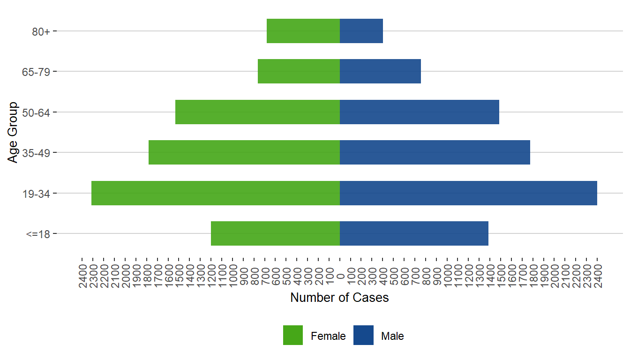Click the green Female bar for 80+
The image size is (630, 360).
(x=303, y=31)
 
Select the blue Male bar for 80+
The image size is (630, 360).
(x=361, y=31)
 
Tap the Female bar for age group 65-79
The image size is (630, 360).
(x=299, y=71)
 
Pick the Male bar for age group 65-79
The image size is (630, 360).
(x=380, y=71)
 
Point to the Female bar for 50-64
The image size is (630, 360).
(x=257, y=112)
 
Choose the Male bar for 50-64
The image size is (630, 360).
(x=420, y=112)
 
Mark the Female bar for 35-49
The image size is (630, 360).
(x=244, y=152)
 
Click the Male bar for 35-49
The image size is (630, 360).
(x=435, y=152)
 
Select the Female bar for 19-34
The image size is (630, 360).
(x=216, y=193)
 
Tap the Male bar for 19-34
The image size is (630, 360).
(x=468, y=193)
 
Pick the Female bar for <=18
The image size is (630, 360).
(x=275, y=233)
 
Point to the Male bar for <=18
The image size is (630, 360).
(x=414, y=233)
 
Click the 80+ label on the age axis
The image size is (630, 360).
(x=41, y=31)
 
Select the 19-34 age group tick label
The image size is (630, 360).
(x=37, y=193)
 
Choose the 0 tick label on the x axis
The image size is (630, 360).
(x=340, y=277)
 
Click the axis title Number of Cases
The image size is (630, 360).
(x=339, y=298)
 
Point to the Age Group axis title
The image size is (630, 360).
(x=13, y=132)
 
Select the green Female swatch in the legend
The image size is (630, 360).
(x=293, y=335)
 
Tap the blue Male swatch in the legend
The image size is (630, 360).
(x=363, y=335)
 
